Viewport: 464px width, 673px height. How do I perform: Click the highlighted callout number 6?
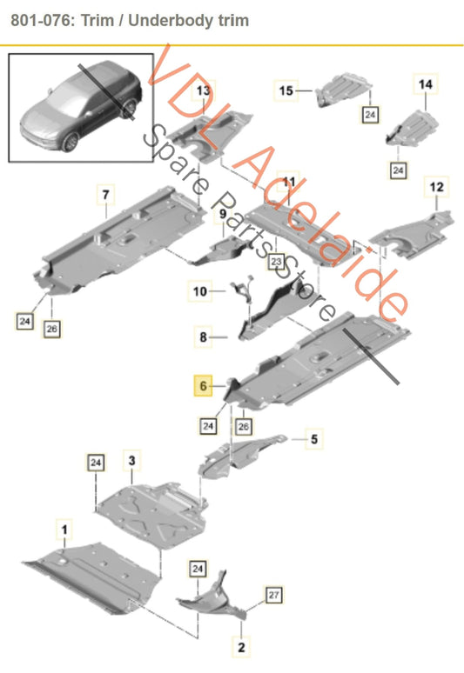pos(203,385)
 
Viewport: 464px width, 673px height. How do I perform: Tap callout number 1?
pos(64,530)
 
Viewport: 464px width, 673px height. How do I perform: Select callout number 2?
pos(241,647)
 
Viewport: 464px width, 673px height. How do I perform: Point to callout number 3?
pos(131,461)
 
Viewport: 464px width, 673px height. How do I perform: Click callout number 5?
pos(314,438)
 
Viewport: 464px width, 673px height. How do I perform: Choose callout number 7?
pos(105,194)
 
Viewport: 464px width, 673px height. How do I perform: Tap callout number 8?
pos(203,336)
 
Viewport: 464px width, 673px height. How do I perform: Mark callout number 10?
pos(199,291)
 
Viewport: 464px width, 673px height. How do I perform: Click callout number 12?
pos(436,187)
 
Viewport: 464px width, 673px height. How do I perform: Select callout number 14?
pos(426,84)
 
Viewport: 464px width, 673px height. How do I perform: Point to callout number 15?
pos(286,90)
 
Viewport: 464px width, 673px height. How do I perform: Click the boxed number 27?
pos(273,595)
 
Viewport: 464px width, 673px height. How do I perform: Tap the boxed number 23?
pos(276,262)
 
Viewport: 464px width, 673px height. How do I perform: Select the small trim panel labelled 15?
pos(344,90)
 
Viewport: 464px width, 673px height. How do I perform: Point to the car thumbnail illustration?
pos(81,107)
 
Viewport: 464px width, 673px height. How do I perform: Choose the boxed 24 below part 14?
pos(398,170)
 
